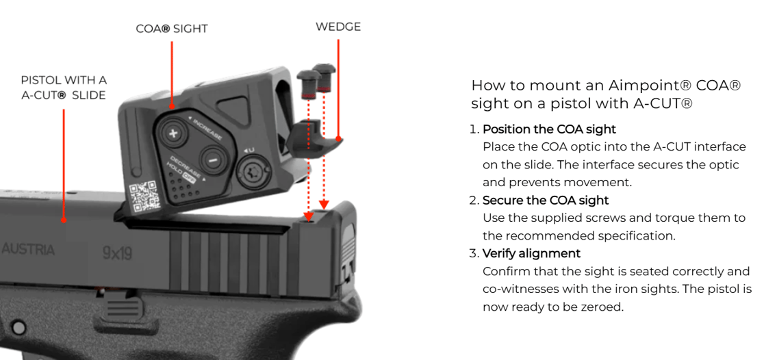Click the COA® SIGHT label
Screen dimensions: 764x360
172,29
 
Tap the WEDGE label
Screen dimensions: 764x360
338,27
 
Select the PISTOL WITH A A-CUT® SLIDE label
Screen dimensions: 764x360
64,87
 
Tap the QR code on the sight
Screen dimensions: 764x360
144,197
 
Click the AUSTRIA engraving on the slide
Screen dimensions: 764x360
28,249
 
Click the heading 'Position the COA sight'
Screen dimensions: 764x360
549,129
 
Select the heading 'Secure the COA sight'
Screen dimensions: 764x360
545,201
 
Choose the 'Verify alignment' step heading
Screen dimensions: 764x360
532,253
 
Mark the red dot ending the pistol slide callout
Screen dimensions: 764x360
64,220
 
